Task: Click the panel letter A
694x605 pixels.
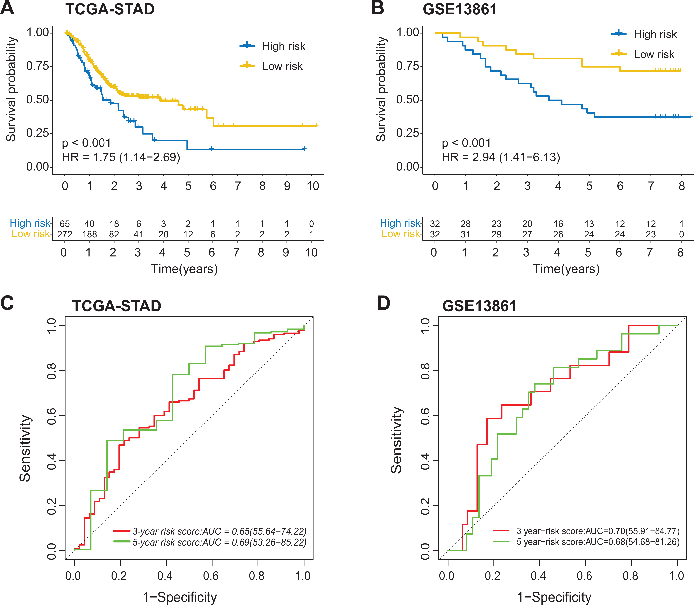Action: pyautogui.click(x=7, y=8)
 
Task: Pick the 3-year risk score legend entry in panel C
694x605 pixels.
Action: pyautogui.click(x=210, y=531)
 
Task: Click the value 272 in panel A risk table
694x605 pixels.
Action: pyautogui.click(x=65, y=234)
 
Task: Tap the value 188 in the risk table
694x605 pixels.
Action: pyautogui.click(x=90, y=234)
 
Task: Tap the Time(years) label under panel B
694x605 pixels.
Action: pyautogui.click(x=566, y=269)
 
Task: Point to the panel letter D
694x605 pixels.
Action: pyautogui.click(x=384, y=303)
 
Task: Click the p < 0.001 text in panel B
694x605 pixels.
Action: pyautogui.click(x=466, y=143)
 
